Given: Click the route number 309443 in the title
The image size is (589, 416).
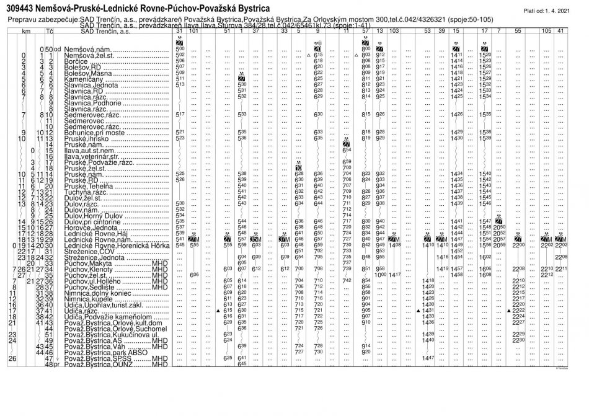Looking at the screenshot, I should tap(23, 9).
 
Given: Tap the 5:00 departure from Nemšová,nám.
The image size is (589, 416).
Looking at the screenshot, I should tap(180, 48).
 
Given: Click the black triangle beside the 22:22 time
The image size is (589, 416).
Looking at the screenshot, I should tap(508, 311).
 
